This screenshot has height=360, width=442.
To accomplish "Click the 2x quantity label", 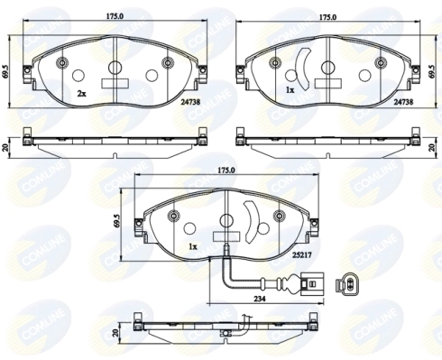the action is click(x=81, y=94).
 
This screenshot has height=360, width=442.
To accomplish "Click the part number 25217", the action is click(x=301, y=255).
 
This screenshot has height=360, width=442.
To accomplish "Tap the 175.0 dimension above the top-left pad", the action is click(x=115, y=16).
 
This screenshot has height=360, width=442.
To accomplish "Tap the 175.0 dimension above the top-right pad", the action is click(x=327, y=17).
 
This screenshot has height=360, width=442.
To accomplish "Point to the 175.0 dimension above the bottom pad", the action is click(x=226, y=170).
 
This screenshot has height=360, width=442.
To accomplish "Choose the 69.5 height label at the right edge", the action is click(x=433, y=71).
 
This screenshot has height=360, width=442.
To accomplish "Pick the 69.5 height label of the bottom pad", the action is click(x=116, y=223).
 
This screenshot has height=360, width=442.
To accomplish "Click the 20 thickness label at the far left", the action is click(x=5, y=148).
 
